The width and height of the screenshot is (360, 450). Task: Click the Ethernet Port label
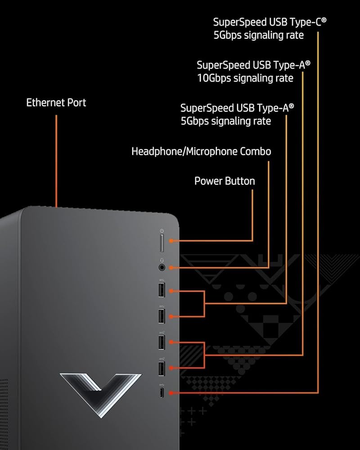tap(56, 103)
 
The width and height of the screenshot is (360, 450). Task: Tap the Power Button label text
tap(225, 181)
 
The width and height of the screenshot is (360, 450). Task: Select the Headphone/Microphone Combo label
tap(201, 151)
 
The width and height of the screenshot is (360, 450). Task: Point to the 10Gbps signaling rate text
tap(245, 78)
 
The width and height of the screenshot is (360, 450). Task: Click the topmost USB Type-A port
tap(162, 290)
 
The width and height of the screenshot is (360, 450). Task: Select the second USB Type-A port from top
tap(162, 316)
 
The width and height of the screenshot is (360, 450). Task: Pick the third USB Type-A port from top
tap(162, 342)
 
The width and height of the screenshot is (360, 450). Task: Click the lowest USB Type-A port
tap(162, 368)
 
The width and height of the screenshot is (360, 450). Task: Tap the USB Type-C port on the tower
tap(162, 393)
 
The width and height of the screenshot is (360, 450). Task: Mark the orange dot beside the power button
tap(171, 241)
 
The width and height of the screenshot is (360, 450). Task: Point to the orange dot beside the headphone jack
tap(171, 267)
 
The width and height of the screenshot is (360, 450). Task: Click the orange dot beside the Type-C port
tap(171, 393)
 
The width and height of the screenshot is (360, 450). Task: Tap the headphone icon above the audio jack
tap(162, 259)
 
